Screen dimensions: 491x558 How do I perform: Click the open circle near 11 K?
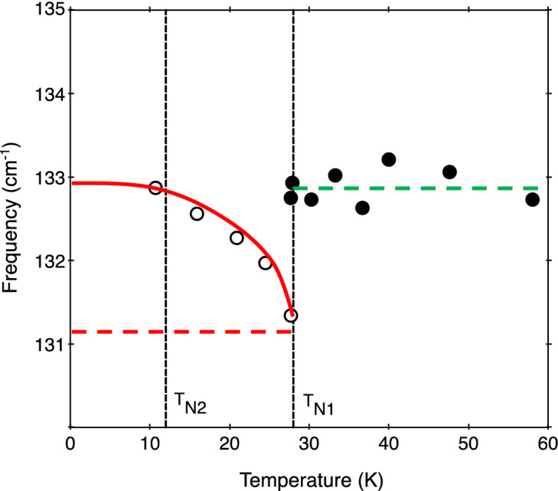click(x=155, y=188)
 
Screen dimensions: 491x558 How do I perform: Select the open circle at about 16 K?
click(x=197, y=214)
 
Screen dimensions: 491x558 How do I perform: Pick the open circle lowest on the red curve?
click(x=291, y=316)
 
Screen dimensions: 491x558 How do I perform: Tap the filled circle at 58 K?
click(x=533, y=199)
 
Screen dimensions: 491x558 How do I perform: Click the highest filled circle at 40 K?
click(x=389, y=159)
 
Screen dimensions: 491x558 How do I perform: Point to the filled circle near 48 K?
click(x=449, y=172)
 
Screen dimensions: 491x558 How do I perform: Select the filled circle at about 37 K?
click(x=363, y=208)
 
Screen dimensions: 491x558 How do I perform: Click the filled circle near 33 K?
click(x=335, y=175)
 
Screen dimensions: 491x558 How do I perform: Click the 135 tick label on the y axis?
click(x=47, y=11)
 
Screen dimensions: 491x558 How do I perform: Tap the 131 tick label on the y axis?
click(x=47, y=344)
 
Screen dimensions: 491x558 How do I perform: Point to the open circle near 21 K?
click(x=237, y=237)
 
